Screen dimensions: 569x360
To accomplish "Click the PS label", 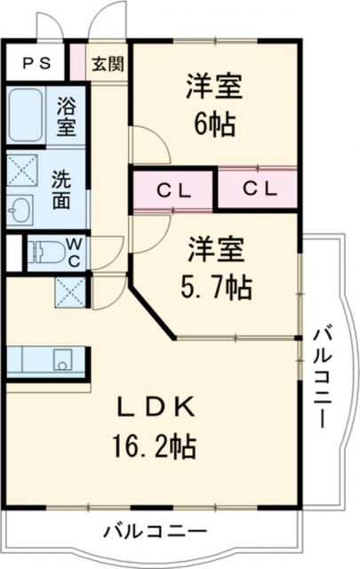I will point(36,63).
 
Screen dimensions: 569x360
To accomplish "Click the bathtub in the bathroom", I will point(27,116).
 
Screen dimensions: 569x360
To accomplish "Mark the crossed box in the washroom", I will point(21,168).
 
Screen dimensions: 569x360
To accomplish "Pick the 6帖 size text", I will point(213,125).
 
